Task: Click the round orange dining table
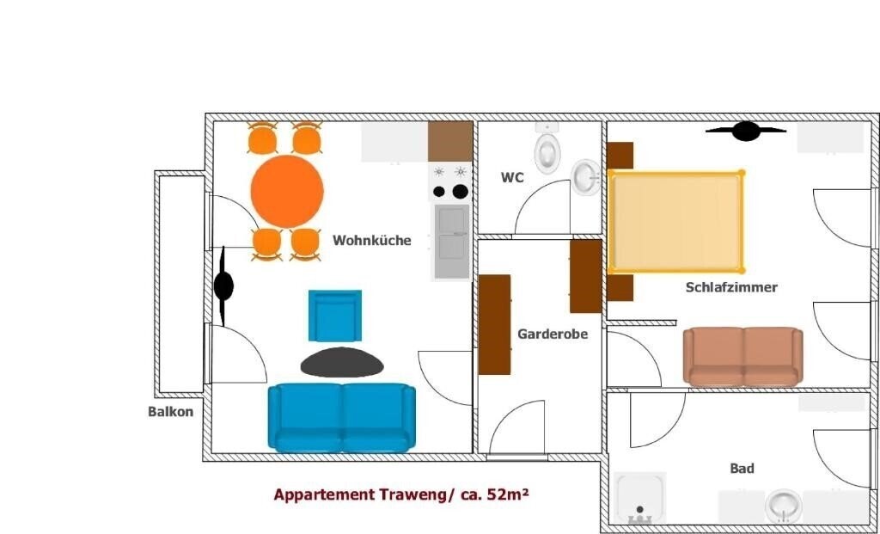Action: [287, 191]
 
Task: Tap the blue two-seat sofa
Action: [341, 417]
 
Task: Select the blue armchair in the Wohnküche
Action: [335, 315]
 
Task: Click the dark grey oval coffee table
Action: [342, 362]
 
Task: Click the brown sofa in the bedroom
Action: [742, 356]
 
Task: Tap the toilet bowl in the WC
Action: [547, 152]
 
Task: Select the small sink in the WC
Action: [587, 177]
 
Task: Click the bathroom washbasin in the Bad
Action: [783, 506]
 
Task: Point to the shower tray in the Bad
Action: [640, 499]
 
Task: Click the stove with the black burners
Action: [451, 182]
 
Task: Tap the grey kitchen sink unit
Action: [451, 242]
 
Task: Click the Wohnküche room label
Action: [372, 241]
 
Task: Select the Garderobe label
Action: [553, 334]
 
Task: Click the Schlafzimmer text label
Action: [731, 287]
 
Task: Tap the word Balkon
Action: [170, 411]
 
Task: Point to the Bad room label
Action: [742, 469]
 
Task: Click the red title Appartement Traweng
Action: [406, 494]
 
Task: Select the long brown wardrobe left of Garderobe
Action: [494, 324]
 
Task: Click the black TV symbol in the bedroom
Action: [745, 131]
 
